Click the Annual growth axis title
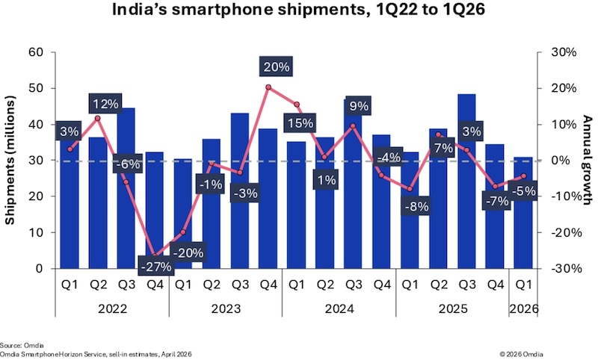click(586, 160)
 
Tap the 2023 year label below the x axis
click(225, 307)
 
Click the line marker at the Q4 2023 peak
click(268, 87)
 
